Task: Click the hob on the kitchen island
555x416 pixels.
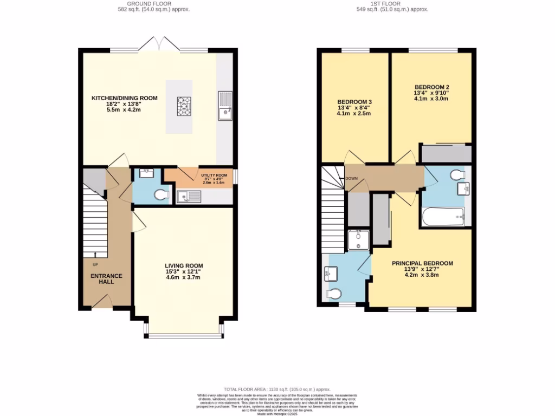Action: click(184, 106)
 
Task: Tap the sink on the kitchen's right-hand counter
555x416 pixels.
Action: click(224, 105)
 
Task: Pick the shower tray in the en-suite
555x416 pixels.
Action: click(358, 240)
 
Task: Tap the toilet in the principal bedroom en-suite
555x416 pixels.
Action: click(333, 295)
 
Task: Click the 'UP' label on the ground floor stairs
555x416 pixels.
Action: click(95, 264)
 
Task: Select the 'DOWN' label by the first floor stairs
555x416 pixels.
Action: click(351, 178)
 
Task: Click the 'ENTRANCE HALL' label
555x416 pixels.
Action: click(106, 279)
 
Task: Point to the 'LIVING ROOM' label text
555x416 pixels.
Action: click(184, 265)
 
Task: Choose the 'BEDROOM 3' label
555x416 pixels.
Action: click(354, 101)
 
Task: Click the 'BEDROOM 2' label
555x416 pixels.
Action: click(431, 87)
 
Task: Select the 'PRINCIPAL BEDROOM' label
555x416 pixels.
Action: click(422, 263)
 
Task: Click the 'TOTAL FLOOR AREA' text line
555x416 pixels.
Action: click(277, 389)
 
